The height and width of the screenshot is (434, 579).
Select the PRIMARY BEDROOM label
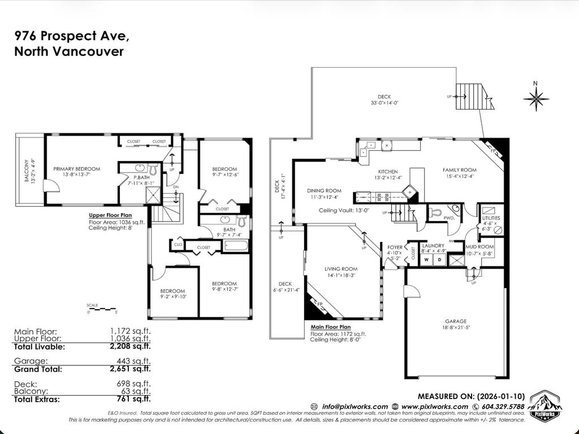click(x=77, y=168)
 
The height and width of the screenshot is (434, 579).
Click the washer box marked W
click(x=427, y=259)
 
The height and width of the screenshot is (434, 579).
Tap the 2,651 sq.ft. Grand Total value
click(x=131, y=369)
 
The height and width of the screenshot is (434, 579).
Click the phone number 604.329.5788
click(x=502, y=406)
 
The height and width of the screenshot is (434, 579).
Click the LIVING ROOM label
click(x=341, y=268)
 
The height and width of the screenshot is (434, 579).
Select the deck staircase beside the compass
click(x=474, y=97)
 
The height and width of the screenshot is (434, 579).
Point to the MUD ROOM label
click(x=479, y=247)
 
